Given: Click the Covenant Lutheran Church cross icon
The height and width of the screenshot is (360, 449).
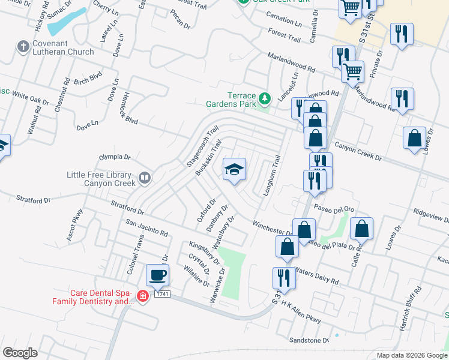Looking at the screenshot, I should point(23,46).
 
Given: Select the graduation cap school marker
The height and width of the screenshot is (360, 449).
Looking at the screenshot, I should point(234,169).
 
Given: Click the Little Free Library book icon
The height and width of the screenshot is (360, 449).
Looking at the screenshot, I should point(145,178).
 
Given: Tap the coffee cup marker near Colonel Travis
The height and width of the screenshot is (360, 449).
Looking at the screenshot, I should point(158,275).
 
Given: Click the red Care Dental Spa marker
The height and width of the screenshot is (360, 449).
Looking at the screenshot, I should point(143,296).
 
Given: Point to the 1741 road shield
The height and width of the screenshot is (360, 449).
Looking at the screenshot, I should point(161,293).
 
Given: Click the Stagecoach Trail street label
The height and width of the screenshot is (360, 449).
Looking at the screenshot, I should point(202,146).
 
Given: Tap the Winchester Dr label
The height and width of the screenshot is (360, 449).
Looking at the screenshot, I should point(273,228).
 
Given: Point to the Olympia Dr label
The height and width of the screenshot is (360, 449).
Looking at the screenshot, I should point(115,157).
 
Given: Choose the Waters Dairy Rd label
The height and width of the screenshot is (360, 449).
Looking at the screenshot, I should point(318,277).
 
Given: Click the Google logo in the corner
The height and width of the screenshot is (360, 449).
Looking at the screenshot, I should point(20,353).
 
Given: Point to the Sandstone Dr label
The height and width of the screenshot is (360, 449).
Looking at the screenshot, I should point(310,340).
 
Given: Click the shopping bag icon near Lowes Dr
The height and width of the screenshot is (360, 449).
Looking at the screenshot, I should point(414,139).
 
